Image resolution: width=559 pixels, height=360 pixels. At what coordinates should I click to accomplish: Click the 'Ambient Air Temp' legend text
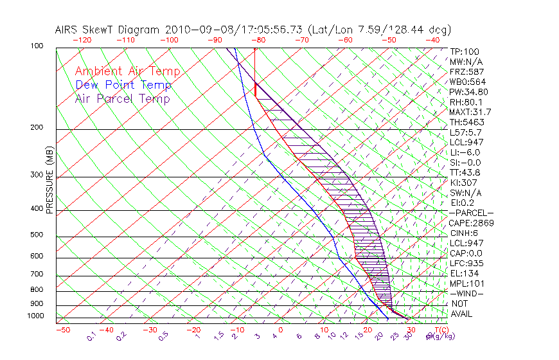127,72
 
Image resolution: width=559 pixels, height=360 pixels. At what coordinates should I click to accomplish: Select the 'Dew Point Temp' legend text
123,85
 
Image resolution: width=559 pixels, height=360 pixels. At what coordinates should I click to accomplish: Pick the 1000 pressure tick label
36,316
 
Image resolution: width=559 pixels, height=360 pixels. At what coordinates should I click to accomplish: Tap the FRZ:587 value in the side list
466,72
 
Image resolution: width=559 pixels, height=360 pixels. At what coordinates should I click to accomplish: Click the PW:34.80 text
468,92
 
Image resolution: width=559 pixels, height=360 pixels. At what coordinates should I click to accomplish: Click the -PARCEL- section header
471,213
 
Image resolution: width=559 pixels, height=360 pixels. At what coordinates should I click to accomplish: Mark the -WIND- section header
467,293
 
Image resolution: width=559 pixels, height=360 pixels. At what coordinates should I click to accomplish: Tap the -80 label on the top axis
257,40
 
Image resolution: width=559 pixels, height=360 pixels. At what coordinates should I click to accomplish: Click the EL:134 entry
465,273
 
